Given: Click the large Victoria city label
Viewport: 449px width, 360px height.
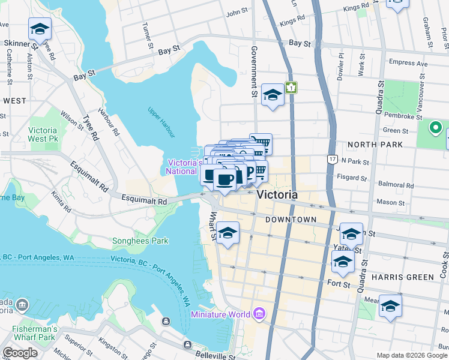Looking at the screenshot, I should point(277,195).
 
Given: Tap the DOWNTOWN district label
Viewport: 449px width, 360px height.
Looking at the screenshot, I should point(291,220).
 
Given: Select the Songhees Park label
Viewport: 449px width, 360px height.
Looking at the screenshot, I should point(140,241).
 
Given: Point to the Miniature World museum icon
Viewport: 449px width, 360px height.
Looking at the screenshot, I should point(259,313).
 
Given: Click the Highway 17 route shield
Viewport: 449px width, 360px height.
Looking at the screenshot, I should point(332,158).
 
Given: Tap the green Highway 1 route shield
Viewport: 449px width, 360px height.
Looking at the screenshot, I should point(291,88).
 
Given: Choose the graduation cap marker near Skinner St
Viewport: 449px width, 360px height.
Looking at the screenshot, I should point(40,29).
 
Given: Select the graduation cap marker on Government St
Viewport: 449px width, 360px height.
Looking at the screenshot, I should point(273,95).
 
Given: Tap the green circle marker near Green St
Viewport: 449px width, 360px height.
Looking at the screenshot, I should point(435,128).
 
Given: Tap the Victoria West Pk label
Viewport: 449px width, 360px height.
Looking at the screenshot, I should point(43,134).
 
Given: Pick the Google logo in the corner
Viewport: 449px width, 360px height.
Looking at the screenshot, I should point(20,353).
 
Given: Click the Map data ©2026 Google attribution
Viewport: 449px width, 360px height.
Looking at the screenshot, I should point(412,355).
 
